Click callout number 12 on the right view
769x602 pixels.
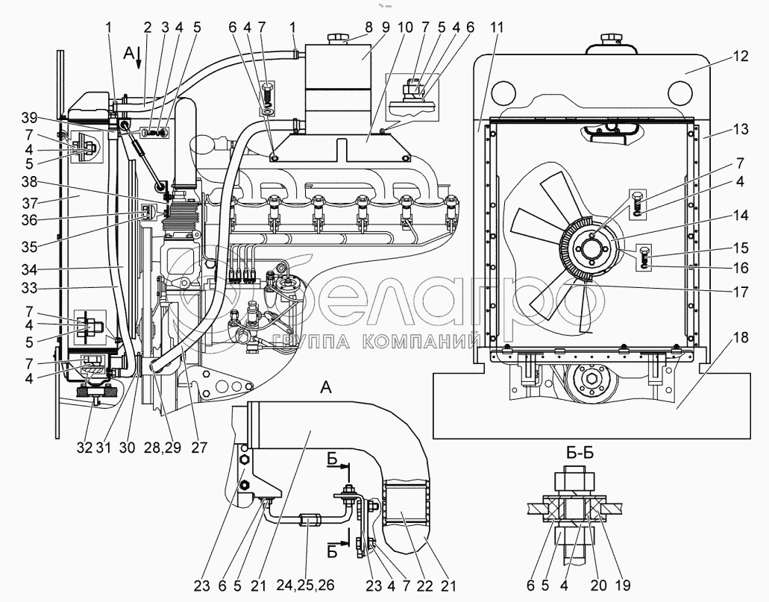point(741,57)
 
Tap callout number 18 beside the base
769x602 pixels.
point(741,338)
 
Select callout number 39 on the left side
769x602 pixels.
point(29,118)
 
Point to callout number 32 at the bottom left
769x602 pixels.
point(84,447)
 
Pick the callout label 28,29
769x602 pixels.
point(163,447)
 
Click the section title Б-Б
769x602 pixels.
point(580,452)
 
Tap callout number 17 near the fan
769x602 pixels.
point(741,292)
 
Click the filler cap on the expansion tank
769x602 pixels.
point(338,38)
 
